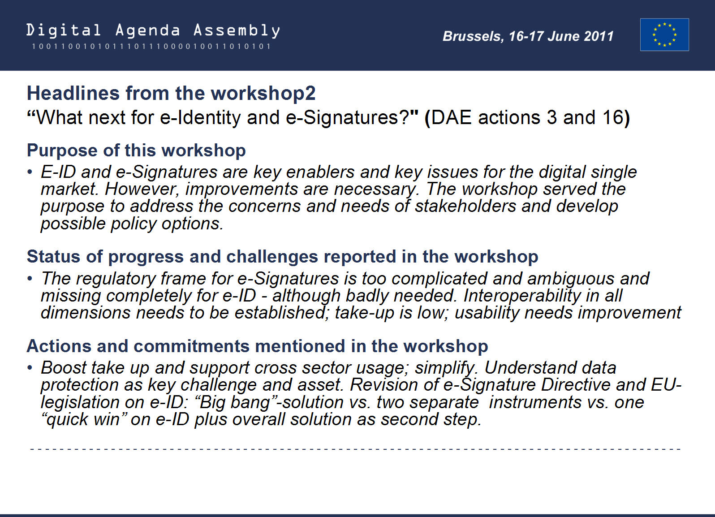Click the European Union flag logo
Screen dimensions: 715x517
(x=664, y=35)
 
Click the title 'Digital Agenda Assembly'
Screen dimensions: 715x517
(x=153, y=31)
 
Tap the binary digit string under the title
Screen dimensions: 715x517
(x=151, y=47)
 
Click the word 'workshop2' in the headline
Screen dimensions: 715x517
(x=263, y=94)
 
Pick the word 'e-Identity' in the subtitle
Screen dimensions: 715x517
(x=200, y=118)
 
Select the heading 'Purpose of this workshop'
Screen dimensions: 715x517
(x=136, y=151)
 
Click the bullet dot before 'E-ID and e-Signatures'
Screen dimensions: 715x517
(x=30, y=172)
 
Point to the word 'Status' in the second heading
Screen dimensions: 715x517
(x=54, y=257)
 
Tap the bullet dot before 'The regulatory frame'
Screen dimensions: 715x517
(x=30, y=279)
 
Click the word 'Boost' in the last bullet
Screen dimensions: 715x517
(x=64, y=368)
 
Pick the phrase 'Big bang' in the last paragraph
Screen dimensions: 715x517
(x=235, y=402)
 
